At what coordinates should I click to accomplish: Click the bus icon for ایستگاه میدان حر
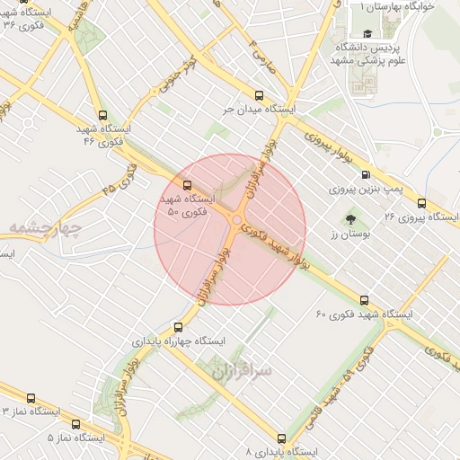click(x=259, y=95)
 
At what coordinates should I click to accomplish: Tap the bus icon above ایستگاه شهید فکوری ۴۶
click(x=102, y=116)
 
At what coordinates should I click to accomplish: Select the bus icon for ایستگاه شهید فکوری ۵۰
click(x=186, y=185)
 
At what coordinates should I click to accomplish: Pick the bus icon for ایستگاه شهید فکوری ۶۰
click(x=364, y=300)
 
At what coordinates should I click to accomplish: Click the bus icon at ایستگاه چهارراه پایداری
click(x=178, y=327)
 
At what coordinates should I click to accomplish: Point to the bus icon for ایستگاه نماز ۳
click(x=31, y=397)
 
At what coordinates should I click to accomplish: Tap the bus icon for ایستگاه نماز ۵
click(x=75, y=424)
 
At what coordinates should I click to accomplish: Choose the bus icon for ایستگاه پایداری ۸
click(x=281, y=439)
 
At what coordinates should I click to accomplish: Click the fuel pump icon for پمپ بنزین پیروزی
click(x=365, y=175)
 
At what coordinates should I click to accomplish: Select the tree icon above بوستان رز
click(x=349, y=217)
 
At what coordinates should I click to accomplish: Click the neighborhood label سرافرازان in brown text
click(x=244, y=368)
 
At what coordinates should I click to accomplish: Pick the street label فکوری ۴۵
click(x=120, y=180)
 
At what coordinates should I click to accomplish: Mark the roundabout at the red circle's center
click(x=237, y=221)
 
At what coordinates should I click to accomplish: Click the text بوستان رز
click(x=344, y=234)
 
